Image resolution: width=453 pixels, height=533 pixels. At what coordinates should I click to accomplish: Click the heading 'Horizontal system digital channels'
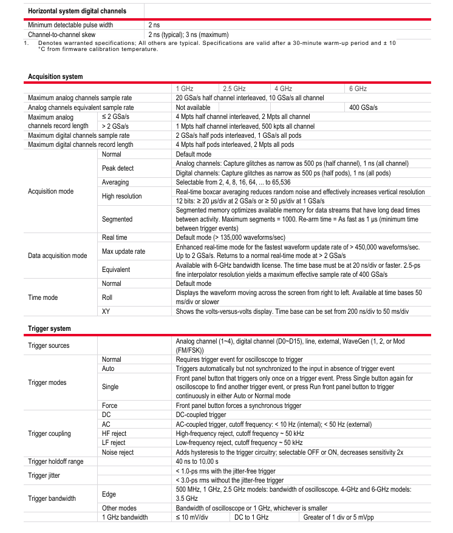[x=77, y=11]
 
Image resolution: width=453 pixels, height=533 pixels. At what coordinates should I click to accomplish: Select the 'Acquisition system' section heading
[x=55, y=76]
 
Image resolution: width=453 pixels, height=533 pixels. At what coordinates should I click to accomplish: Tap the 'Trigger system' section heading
[x=49, y=328]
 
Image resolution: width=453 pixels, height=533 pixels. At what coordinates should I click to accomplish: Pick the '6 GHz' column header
[x=358, y=89]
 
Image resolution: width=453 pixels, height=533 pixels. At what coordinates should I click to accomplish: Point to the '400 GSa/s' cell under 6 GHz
[x=364, y=107]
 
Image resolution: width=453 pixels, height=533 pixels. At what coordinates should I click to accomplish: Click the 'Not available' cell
[x=193, y=107]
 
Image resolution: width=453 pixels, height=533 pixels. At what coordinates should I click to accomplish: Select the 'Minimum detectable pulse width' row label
[x=70, y=25]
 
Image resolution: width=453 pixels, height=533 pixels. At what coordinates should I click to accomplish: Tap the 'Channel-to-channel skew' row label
[x=64, y=34]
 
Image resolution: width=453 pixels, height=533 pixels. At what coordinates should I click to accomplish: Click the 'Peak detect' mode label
[x=118, y=168]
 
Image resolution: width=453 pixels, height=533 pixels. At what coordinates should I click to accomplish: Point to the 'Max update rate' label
[x=123, y=251]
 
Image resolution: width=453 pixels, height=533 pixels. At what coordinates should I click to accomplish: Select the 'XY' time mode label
[x=106, y=311]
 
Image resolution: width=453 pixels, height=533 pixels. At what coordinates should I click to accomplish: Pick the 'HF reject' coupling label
[x=114, y=433]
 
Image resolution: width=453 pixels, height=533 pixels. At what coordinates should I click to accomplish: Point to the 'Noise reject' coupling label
[x=118, y=452]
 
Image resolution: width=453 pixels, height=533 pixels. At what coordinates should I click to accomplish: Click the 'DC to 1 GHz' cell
[x=251, y=517]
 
